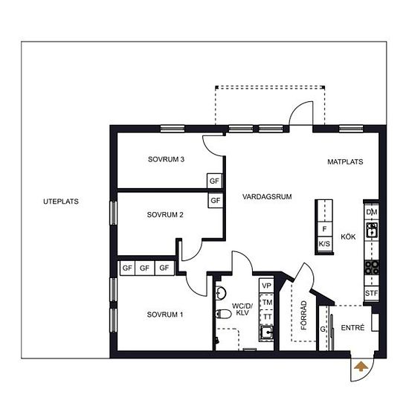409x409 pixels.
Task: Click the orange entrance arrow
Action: pos(361,366)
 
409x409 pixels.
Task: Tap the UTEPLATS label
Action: pos(61,202)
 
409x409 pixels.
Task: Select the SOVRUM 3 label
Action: pos(166,159)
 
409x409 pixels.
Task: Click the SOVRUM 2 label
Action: pos(165,215)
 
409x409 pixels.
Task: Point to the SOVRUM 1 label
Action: pos(165,315)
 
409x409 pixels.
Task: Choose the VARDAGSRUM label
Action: pos(267,196)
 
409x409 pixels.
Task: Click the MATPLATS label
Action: pos(345,161)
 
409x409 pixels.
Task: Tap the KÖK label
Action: pos(348,236)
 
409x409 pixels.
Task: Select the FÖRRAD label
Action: pos(303,315)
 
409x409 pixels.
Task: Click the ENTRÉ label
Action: pos(352,328)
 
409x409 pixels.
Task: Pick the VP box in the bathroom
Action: pos(266,286)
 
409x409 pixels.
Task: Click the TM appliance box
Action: pos(266,303)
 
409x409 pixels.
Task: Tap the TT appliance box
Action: pos(266,317)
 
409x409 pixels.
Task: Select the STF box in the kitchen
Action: pos(371,293)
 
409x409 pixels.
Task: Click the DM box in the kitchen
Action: pos(371,212)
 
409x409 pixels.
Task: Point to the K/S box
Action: pos(324,244)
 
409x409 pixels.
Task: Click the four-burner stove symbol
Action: pos(371,268)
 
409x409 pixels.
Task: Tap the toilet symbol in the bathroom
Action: pos(224,314)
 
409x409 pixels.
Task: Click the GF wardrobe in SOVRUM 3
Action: pos(214,181)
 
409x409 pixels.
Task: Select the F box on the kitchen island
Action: pos(324,229)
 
